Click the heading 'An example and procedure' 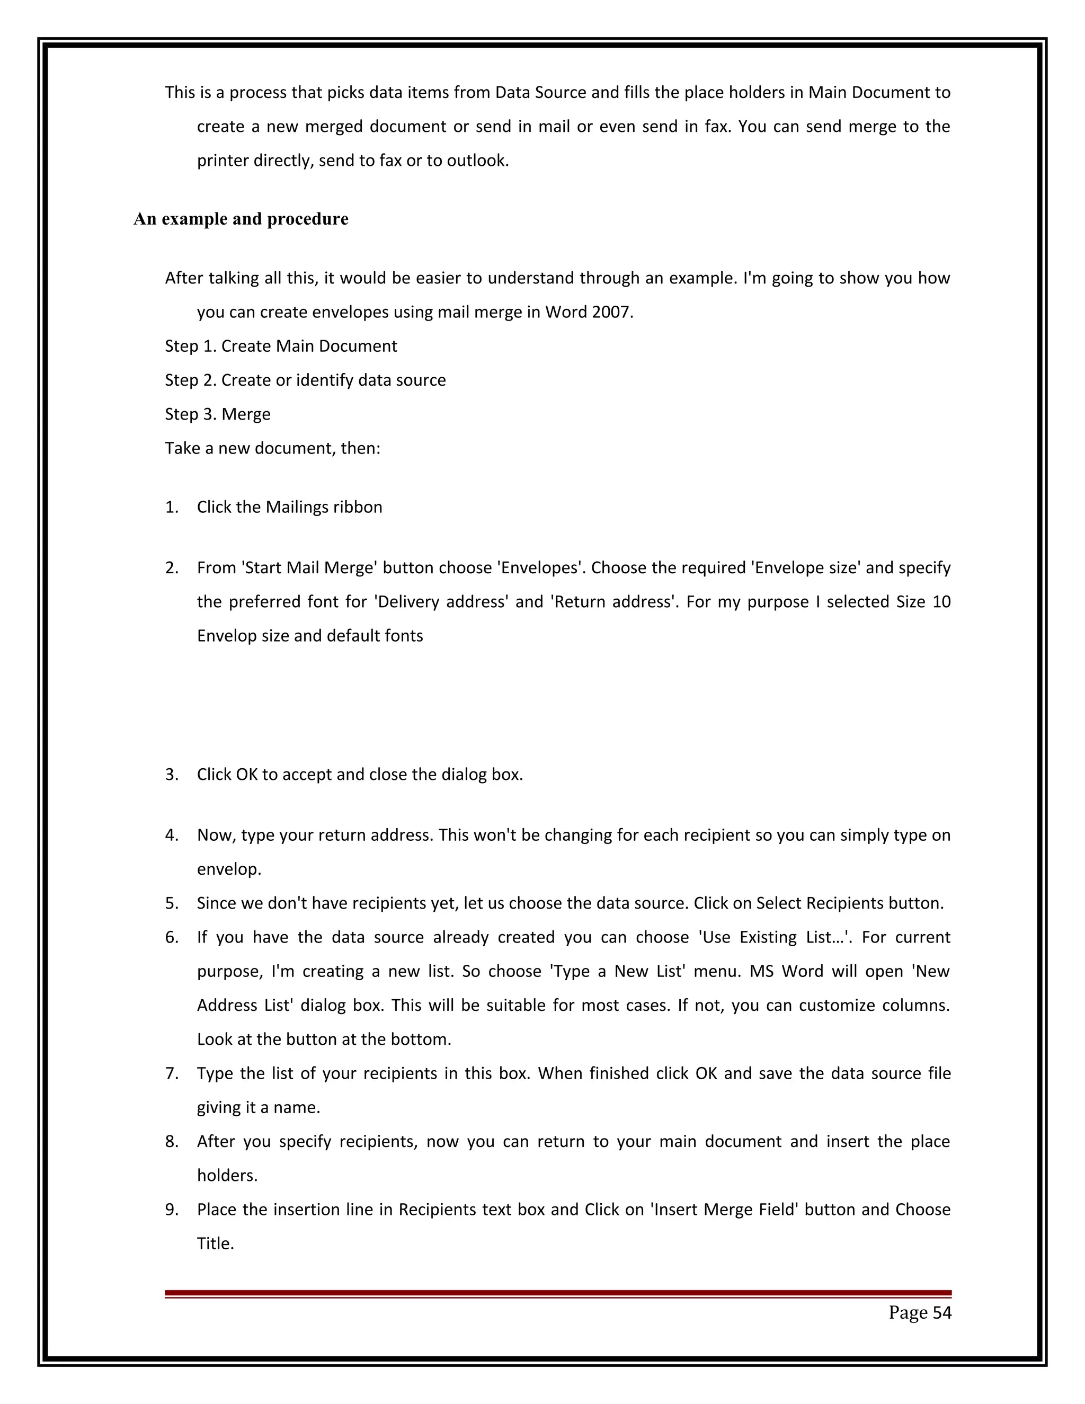point(241,219)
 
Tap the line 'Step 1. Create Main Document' point(281,346)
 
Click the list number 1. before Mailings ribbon point(172,507)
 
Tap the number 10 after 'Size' point(940,602)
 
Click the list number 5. point(172,903)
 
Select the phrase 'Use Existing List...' point(775,937)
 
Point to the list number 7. point(172,1073)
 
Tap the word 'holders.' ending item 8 point(227,1176)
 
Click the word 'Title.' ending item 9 point(215,1244)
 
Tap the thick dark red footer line point(557,1293)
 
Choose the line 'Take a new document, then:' point(272,449)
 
